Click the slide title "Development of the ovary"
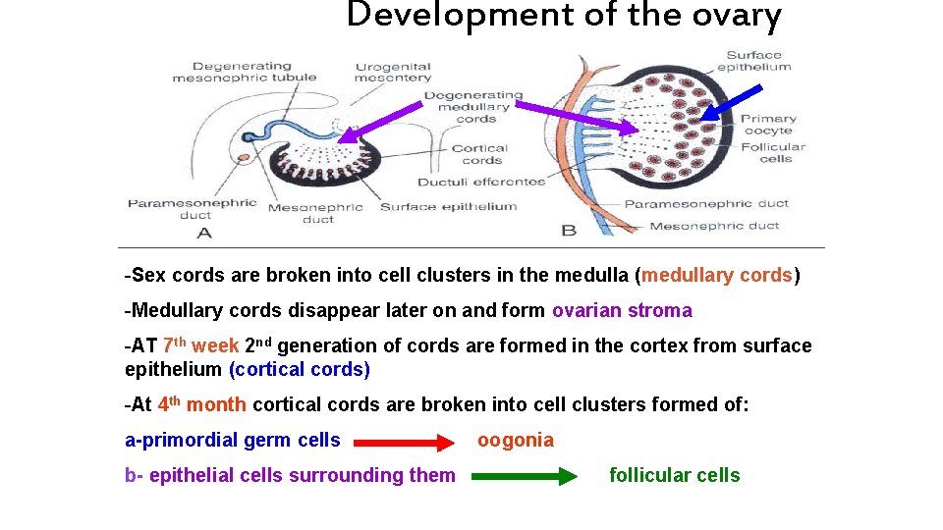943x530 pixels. coord(564,16)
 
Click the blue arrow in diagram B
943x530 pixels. coord(731,103)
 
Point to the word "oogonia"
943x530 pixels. coord(516,441)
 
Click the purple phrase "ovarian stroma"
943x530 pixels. coord(622,311)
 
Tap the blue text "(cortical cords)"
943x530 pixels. coord(299,370)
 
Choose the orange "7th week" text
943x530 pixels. coord(200,345)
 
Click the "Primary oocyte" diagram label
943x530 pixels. coord(768,125)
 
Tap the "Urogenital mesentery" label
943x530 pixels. coord(392,73)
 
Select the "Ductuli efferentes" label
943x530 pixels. coord(480,182)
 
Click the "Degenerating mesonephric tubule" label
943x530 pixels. coord(244,72)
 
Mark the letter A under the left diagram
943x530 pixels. coord(203,233)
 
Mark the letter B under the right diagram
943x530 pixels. coord(568,231)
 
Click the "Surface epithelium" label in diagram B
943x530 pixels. coord(753,61)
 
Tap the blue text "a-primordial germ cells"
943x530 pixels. coord(233,441)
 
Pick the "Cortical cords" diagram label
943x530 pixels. coord(481,154)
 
